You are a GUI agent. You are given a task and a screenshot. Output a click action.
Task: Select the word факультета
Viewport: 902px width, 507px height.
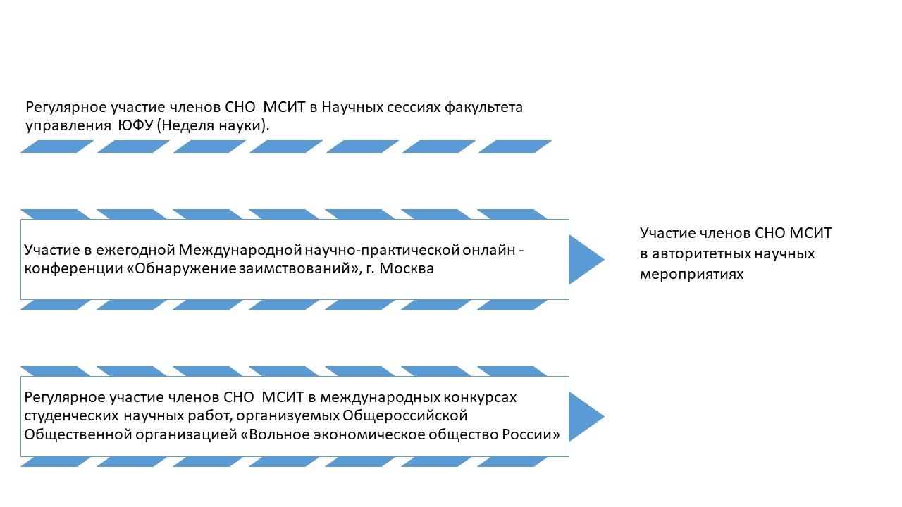[x=483, y=108]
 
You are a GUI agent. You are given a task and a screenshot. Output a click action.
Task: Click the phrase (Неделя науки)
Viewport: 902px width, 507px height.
[x=213, y=126]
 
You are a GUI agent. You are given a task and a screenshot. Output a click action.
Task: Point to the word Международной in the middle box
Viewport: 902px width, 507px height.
[x=240, y=251]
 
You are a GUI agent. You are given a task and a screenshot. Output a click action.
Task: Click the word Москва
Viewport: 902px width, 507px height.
[x=407, y=268]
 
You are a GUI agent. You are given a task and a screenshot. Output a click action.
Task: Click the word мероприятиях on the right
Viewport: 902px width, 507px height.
[x=691, y=275]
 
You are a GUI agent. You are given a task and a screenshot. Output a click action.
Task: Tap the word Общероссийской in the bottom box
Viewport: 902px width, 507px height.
[x=404, y=415]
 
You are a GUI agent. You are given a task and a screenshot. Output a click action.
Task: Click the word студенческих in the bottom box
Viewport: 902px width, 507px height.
[x=71, y=416]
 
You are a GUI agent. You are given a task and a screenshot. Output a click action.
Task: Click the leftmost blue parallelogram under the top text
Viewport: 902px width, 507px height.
[x=57, y=146]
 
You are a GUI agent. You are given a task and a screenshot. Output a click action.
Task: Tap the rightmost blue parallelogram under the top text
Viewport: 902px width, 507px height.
[x=515, y=146]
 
